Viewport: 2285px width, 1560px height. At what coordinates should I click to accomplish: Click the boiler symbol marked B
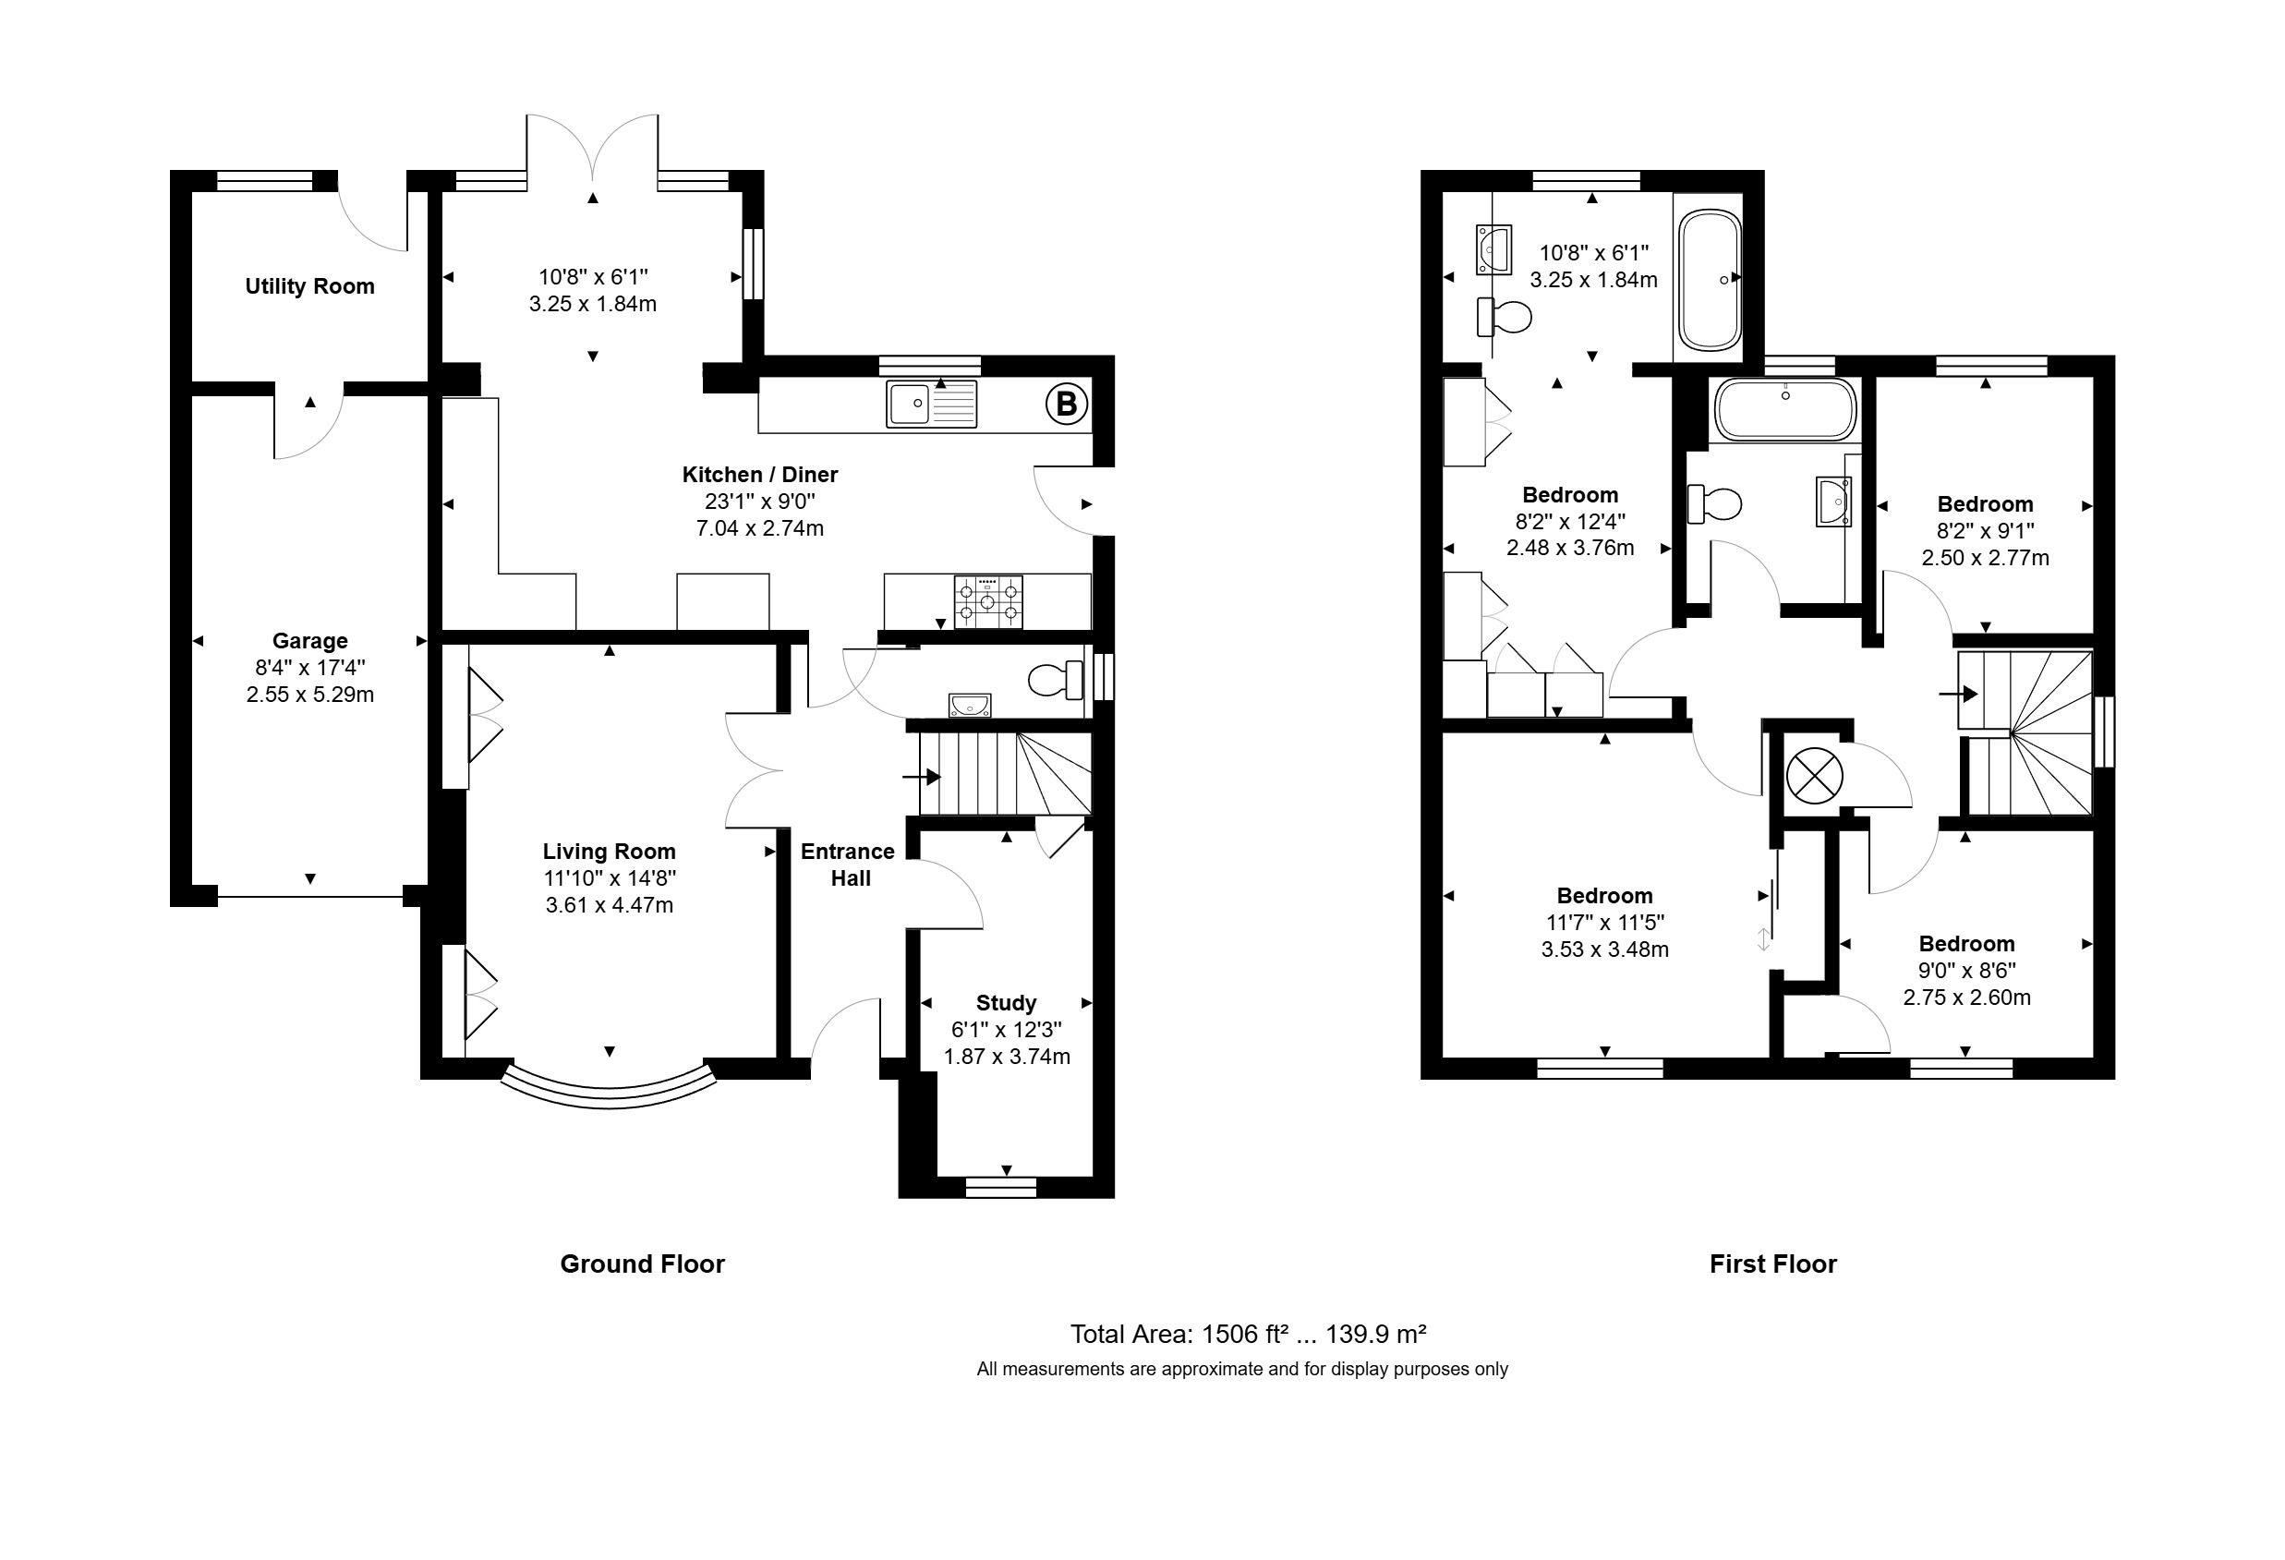(x=1066, y=404)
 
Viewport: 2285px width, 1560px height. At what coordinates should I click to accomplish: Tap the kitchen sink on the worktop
(x=931, y=404)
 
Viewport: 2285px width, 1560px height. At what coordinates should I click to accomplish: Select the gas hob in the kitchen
(x=987, y=601)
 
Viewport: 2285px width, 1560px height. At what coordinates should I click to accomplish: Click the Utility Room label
(x=309, y=286)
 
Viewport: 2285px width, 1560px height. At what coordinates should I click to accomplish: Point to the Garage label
(x=309, y=641)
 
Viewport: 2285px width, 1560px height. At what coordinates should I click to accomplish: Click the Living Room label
(x=610, y=852)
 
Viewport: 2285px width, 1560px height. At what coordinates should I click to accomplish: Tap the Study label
(x=1006, y=1003)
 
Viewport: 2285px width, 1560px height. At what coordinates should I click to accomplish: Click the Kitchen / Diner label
(x=760, y=475)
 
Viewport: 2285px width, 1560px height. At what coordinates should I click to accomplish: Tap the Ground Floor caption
(x=642, y=1264)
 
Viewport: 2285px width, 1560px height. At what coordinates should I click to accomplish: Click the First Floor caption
(x=1772, y=1264)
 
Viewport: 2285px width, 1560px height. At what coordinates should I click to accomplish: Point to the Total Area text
(x=1248, y=1334)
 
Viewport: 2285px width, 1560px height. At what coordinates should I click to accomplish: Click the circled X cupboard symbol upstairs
(x=1814, y=776)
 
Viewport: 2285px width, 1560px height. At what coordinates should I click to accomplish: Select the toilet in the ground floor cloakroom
(x=1055, y=679)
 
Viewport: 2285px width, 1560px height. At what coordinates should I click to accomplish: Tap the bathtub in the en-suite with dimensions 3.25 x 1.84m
(x=1710, y=280)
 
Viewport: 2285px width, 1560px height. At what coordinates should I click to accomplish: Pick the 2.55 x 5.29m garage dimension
(x=309, y=695)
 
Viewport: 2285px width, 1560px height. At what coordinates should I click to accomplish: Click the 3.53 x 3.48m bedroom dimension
(x=1604, y=949)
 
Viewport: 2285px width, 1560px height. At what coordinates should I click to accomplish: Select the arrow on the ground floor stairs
(x=921, y=778)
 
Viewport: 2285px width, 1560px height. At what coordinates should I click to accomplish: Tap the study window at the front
(x=1001, y=1187)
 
